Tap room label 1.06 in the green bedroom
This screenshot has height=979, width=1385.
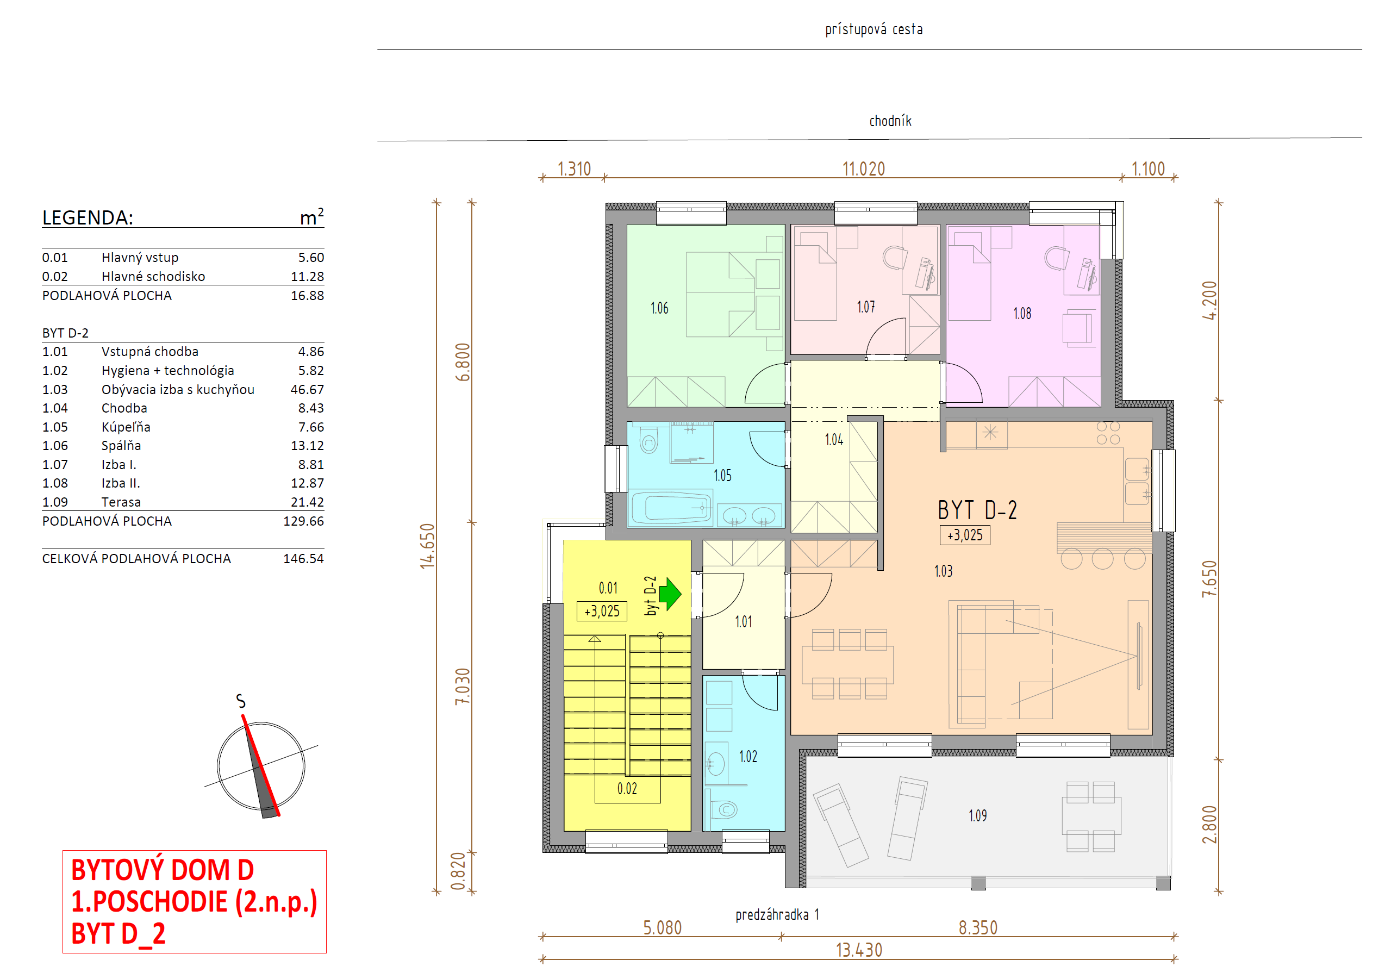[x=659, y=308]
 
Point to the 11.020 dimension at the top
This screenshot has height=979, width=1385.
[x=863, y=169]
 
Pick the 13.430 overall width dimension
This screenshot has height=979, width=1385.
[x=859, y=951]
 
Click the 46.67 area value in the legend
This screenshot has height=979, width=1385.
[x=307, y=390]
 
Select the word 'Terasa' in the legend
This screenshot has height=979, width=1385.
[x=121, y=502]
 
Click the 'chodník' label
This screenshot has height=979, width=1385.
[x=890, y=121]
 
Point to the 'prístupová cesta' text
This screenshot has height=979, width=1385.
[x=874, y=29]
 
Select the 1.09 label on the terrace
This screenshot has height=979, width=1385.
[x=978, y=816]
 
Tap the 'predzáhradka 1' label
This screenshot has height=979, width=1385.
[x=777, y=915]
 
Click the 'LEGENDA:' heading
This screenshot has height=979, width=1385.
[x=88, y=218]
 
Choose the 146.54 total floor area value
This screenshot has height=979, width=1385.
[x=303, y=559]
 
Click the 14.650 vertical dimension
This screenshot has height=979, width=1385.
[x=427, y=546]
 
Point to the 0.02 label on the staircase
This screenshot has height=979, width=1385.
[x=627, y=789]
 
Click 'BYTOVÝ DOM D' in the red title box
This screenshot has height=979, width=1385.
[x=163, y=870]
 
